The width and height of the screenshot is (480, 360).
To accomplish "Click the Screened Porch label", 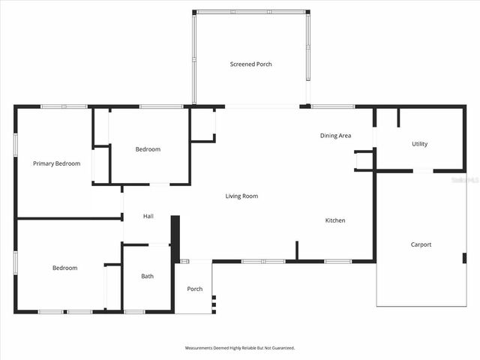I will coord(250,64).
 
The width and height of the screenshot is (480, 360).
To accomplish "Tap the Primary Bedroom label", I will coord(56,163).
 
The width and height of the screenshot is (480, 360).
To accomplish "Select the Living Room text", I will coord(241,196).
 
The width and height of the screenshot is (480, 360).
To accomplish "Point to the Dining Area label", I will coord(335,136).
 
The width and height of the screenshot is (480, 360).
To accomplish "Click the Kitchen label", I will coord(335,220).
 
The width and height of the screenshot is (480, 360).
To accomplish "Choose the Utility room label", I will coord(420,144).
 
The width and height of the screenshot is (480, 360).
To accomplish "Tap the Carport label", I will coord(421,244).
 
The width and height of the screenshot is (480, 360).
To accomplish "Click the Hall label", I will coord(148,216).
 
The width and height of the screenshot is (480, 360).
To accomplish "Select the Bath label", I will coord(148,276).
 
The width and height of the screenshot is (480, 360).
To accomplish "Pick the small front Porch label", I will coord(195,289).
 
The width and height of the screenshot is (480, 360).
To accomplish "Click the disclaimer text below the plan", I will coord(240,348).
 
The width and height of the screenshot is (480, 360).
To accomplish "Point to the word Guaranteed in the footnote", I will coord(282,348).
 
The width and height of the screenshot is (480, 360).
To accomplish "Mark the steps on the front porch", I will coord(214,303).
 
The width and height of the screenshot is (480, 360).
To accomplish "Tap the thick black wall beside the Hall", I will coord(175,238).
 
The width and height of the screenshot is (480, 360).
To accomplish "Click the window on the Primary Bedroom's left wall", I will coord(16,145).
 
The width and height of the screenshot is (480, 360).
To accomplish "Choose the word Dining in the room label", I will coord(328,136).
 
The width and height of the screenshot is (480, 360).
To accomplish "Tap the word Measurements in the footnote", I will coord(199,348).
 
